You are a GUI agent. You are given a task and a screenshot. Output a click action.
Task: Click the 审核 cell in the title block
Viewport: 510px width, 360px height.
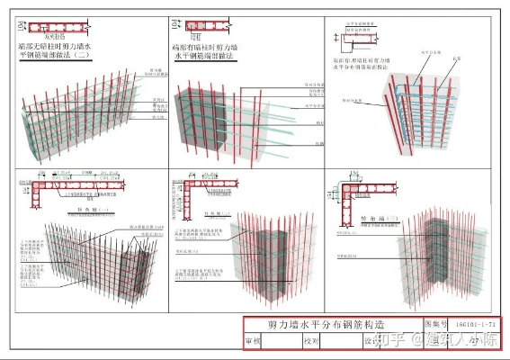[x=255, y=342]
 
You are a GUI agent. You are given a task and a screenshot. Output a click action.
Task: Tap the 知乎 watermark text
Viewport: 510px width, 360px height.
[x=389, y=340]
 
